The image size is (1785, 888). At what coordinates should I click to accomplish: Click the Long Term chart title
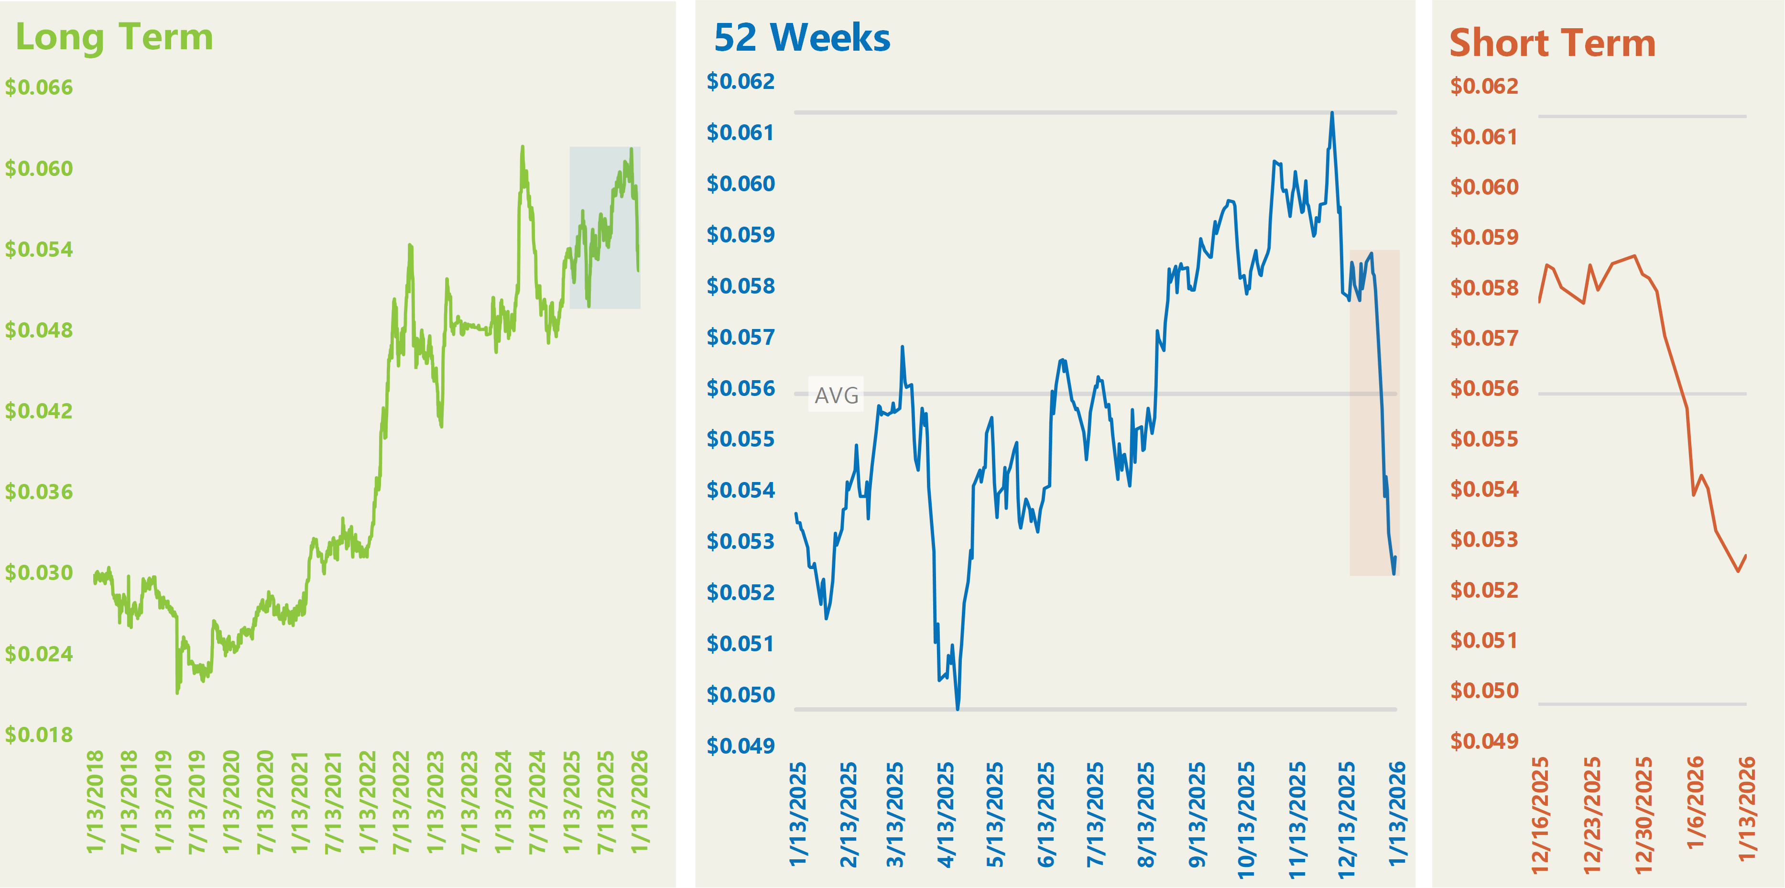coord(114,37)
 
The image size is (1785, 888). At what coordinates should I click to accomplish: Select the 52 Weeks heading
coord(802,38)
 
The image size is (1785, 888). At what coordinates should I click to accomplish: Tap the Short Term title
coord(1552,44)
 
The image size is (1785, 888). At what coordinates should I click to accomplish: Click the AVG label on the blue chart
coord(837,395)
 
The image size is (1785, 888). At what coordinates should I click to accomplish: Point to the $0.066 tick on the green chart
coord(39,88)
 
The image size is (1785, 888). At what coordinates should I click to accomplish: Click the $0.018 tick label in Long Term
coord(39,735)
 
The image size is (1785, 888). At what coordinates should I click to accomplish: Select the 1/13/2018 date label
coord(95,800)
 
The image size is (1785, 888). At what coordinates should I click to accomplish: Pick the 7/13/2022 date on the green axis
coord(401,800)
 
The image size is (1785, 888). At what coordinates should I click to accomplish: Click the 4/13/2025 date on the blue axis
coord(947,814)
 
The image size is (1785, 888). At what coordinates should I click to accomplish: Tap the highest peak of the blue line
coord(1332,113)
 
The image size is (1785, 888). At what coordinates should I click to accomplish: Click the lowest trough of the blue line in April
coord(958,709)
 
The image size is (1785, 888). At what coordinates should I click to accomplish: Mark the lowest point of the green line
coord(177,692)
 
